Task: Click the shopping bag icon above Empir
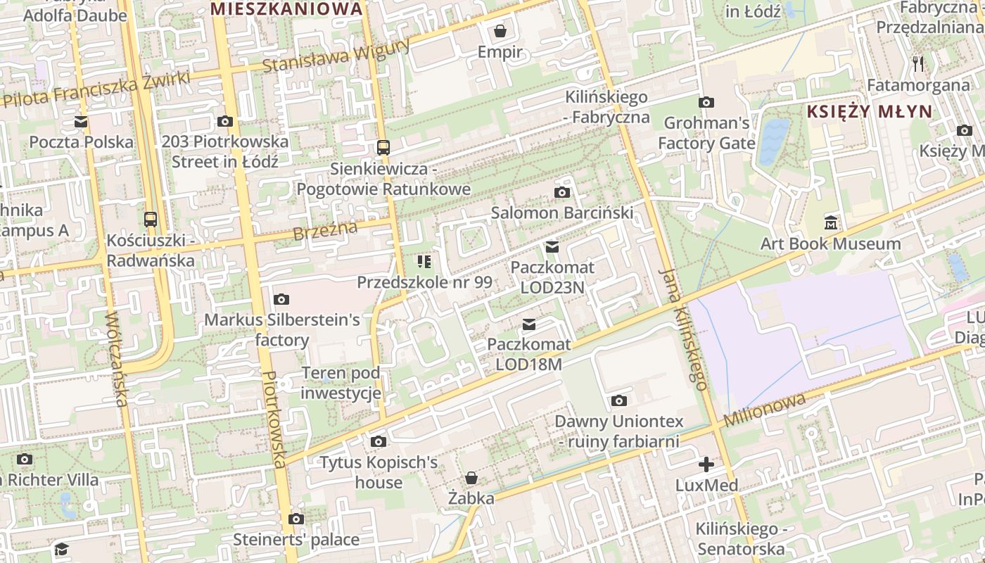(500, 31)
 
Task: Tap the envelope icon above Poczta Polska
(81, 122)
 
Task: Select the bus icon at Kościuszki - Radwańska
(151, 219)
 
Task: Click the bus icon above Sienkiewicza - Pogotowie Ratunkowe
(383, 148)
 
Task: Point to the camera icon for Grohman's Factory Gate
(706, 102)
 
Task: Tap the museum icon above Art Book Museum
(831, 223)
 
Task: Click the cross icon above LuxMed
(706, 464)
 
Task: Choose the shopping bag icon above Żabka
(471, 479)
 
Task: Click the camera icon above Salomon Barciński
(561, 192)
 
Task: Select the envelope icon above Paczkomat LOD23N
(552, 247)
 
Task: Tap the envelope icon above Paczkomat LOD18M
(529, 324)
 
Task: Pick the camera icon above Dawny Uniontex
(619, 401)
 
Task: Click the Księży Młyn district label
(869, 111)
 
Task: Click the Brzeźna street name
(325, 229)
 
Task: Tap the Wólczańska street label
(115, 358)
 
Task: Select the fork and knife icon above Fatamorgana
(918, 64)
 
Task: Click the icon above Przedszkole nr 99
(424, 262)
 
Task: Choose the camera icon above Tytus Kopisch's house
(379, 442)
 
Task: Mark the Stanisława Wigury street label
(336, 56)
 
